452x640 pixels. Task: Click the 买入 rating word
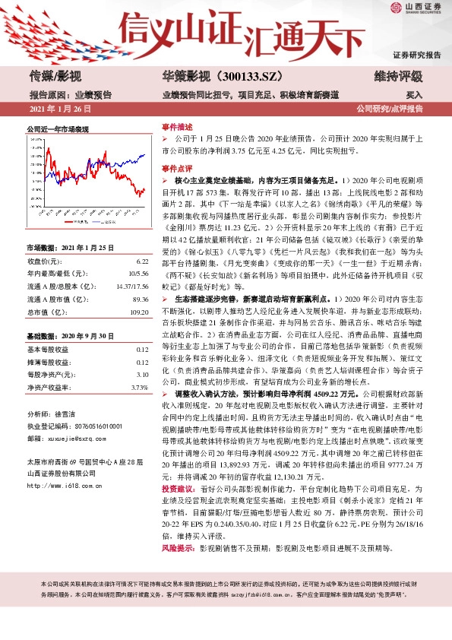tap(414, 95)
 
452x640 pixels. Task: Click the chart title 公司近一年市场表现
tap(58, 130)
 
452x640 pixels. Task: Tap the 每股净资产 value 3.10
tap(141, 375)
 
